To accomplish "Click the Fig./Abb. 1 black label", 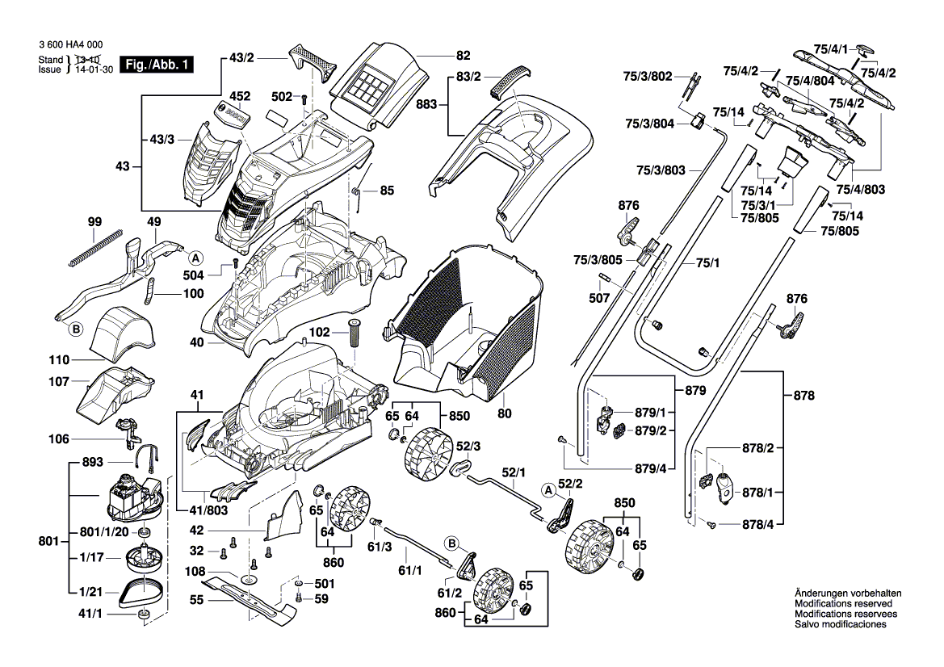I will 157,65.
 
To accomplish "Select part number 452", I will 220,94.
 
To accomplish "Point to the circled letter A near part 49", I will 195,258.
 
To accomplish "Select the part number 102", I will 320,331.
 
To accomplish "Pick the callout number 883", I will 426,104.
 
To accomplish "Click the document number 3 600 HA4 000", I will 70,46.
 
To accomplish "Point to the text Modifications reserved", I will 843,603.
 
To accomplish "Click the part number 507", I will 599,298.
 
